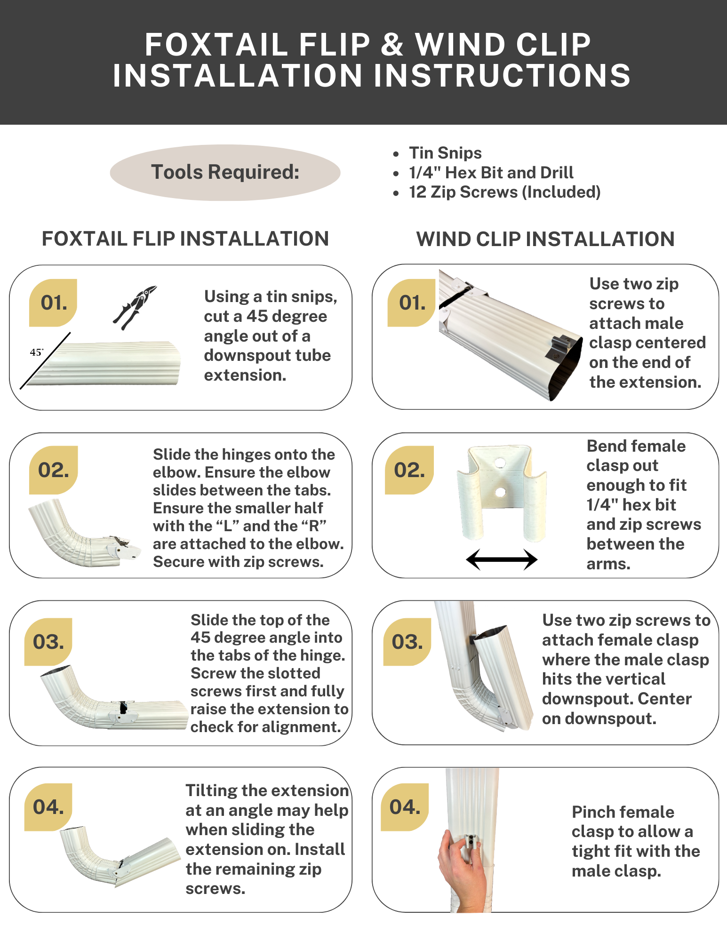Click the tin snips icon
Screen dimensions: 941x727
(135, 307)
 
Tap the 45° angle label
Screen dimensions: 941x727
(37, 352)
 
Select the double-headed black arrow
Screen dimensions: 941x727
(502, 559)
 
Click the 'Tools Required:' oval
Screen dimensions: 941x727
(225, 172)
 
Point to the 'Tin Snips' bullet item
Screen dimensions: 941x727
(445, 153)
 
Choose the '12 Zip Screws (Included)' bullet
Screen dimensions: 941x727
(504, 192)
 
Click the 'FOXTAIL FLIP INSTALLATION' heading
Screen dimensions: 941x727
(185, 239)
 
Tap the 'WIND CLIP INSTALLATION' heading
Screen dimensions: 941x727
(545, 239)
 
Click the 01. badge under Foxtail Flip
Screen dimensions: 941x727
(53, 303)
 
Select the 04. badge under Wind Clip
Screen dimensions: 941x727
(405, 807)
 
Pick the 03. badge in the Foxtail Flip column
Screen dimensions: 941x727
(48, 642)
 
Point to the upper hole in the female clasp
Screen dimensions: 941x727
(500, 463)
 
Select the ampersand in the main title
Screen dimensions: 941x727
(392, 45)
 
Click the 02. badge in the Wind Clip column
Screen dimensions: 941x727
(409, 470)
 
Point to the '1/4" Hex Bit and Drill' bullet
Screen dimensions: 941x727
(491, 173)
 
